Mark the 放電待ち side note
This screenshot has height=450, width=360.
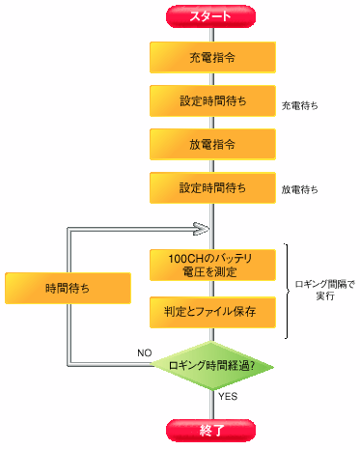pos(300,188)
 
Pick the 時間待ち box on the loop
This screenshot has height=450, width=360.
pos(67,288)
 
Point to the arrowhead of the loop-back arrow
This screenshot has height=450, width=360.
pos(203,229)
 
